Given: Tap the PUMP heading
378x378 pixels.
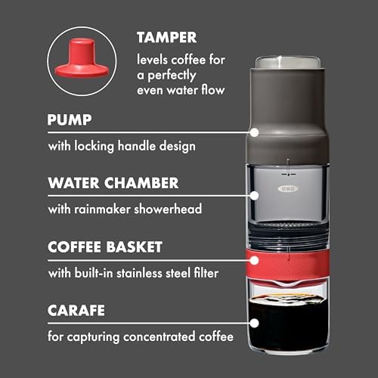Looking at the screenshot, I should pyautogui.click(x=70, y=119).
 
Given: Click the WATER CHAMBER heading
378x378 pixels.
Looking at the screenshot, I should pyautogui.click(x=113, y=183).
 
